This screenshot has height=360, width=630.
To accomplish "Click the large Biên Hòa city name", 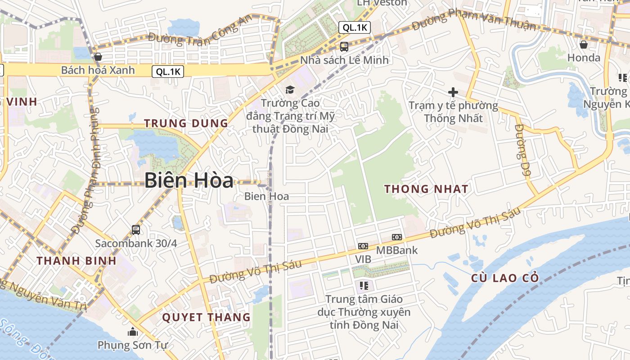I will [189, 180].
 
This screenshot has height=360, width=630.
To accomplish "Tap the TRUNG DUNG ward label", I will [186, 123].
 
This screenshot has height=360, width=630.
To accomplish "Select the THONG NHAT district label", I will [426, 189].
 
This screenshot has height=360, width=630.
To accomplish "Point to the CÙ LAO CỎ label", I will [505, 278].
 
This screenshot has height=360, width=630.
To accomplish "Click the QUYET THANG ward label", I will [206, 317].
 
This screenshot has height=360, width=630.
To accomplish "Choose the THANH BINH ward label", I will [76, 261].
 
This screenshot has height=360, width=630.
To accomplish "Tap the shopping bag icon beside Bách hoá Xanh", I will [98, 57].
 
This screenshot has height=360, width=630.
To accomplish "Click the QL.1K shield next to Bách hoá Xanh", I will [169, 71].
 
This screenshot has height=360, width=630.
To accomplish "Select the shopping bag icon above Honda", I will [584, 44].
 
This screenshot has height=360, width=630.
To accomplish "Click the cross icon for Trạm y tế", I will [453, 92].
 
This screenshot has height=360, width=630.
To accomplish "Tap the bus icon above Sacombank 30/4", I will [136, 230].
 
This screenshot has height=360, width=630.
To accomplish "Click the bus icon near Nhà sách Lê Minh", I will [344, 46].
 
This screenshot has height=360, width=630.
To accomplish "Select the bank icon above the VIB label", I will [363, 246].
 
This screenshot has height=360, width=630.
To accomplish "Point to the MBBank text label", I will [397, 250].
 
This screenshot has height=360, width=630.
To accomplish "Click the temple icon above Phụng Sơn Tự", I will [132, 332].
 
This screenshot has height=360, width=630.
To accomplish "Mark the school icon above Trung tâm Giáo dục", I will [364, 285].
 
